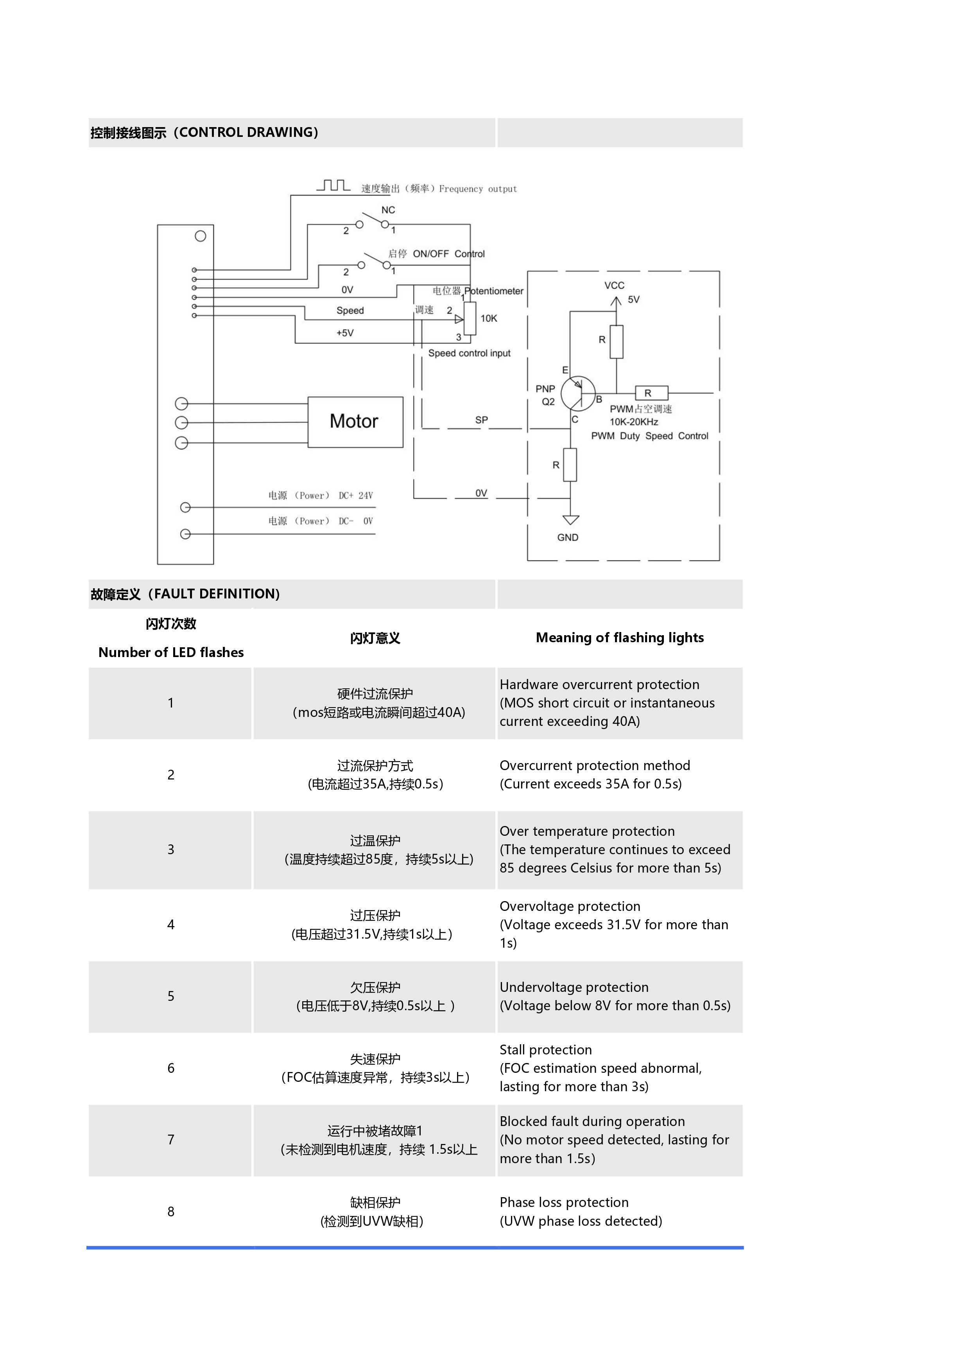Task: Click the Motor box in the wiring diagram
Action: pyautogui.click(x=355, y=422)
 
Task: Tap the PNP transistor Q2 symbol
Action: pyautogui.click(x=577, y=393)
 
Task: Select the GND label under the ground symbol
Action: pyautogui.click(x=567, y=537)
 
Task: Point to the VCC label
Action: pyautogui.click(x=614, y=286)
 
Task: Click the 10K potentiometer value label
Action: pyautogui.click(x=489, y=318)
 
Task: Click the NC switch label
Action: pyautogui.click(x=388, y=210)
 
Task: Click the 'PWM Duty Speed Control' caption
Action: pyautogui.click(x=649, y=436)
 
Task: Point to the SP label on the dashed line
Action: pyautogui.click(x=481, y=420)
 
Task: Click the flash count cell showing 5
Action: pyautogui.click(x=171, y=996)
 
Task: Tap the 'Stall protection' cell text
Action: pyautogui.click(x=545, y=1050)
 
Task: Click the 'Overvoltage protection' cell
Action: pyautogui.click(x=570, y=907)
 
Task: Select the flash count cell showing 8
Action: pyautogui.click(x=171, y=1212)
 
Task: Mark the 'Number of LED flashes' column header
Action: pyautogui.click(x=171, y=652)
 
